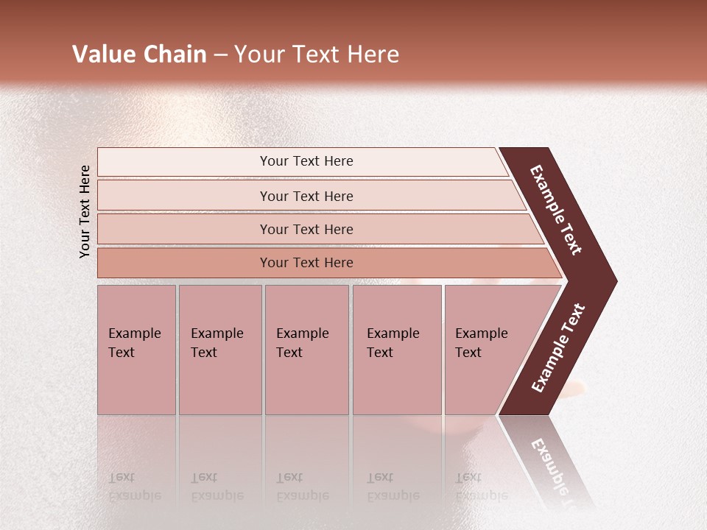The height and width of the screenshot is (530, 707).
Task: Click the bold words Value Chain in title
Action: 139,54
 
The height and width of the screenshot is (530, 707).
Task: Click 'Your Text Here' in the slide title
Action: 317,54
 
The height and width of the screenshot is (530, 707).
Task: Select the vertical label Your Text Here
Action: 85,211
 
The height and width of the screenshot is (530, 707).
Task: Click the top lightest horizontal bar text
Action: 306,161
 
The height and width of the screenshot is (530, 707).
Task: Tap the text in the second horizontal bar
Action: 306,196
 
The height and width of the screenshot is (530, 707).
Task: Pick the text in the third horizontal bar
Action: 306,229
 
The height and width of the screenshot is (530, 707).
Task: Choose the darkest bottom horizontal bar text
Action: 306,262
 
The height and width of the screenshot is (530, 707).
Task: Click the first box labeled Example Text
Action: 134,343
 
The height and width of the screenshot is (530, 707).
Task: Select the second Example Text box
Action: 217,343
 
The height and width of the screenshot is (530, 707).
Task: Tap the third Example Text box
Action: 302,343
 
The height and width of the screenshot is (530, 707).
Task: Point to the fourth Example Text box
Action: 393,343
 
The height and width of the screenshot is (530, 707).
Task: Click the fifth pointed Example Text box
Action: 481,343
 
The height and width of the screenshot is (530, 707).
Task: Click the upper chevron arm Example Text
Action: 556,210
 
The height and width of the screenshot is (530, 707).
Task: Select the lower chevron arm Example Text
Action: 557,348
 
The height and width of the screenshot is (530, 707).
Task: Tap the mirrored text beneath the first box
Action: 134,487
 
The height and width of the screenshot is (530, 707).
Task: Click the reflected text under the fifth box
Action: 481,487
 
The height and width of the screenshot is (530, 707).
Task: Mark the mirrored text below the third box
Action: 302,487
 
